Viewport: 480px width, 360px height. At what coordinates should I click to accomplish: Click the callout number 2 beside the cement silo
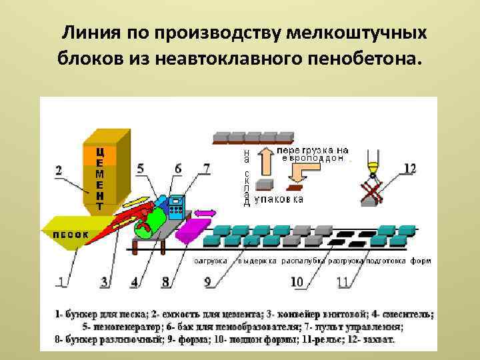tap(59, 171)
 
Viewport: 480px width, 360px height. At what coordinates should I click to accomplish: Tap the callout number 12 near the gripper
tap(410, 168)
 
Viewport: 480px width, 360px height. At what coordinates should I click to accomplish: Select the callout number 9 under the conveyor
tap(208, 282)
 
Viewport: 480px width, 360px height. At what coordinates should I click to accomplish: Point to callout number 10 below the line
tap(297, 282)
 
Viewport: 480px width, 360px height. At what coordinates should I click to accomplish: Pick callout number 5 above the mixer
tap(140, 169)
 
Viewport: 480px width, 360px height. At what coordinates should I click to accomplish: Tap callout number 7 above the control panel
tap(206, 169)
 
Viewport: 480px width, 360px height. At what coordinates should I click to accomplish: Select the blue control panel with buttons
tap(176, 207)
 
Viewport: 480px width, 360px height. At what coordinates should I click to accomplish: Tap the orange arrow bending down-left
tap(300, 177)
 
